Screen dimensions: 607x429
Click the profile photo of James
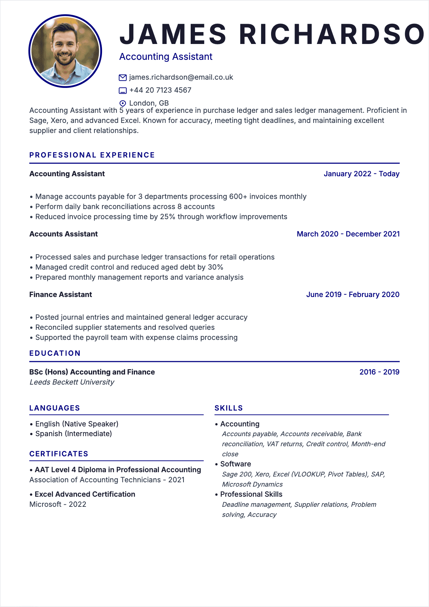click(x=65, y=51)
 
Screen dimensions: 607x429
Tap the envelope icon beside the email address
click(x=123, y=77)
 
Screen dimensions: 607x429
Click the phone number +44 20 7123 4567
click(x=160, y=90)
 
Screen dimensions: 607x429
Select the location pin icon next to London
click(x=123, y=103)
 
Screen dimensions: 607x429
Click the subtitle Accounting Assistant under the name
click(x=166, y=57)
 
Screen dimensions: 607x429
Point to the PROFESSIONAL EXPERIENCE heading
click(x=92, y=155)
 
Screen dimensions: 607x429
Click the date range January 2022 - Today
click(x=361, y=174)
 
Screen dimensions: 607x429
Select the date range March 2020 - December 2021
click(x=348, y=234)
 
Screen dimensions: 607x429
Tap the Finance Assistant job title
click(x=61, y=294)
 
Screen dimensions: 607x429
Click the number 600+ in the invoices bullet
click(x=238, y=196)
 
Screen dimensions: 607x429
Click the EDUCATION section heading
click(x=55, y=353)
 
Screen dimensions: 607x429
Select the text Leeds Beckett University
click(x=72, y=382)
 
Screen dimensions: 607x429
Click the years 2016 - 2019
click(x=379, y=372)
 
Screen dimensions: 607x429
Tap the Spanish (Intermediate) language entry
click(x=74, y=434)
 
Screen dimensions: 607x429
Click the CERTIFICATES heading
click(x=59, y=454)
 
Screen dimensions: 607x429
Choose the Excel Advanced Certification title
click(x=85, y=494)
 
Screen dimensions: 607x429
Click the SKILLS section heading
click(x=229, y=408)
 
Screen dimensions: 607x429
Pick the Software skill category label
click(x=235, y=464)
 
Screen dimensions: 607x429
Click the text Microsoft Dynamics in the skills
click(x=252, y=484)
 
